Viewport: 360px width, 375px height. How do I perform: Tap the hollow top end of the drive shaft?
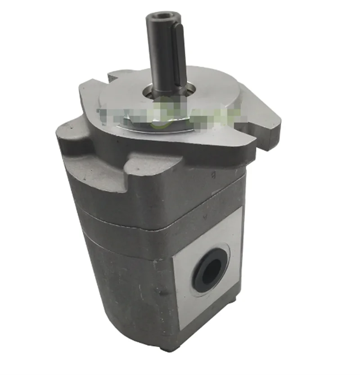(x=161, y=18)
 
